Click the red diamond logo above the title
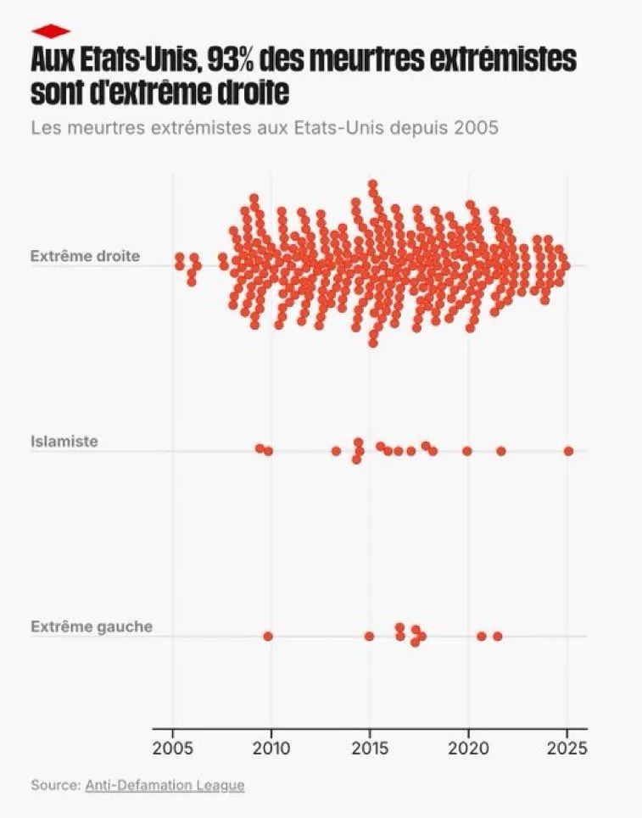tap(50, 31)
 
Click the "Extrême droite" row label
tap(85, 255)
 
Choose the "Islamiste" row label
tap(64, 441)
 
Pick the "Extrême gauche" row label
tap(92, 626)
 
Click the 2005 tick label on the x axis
tap(173, 748)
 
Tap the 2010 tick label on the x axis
tap(271, 748)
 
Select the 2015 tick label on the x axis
tap(370, 748)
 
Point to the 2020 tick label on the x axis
tap(468, 748)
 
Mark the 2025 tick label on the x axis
tap(567, 748)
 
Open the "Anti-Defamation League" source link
tap(165, 785)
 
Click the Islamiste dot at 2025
tap(568, 451)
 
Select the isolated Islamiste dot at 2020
tap(466, 451)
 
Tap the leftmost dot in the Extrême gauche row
tap(268, 636)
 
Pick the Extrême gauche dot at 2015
tap(369, 636)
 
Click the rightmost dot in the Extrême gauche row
tap(498, 636)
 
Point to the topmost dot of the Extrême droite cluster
tap(372, 184)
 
